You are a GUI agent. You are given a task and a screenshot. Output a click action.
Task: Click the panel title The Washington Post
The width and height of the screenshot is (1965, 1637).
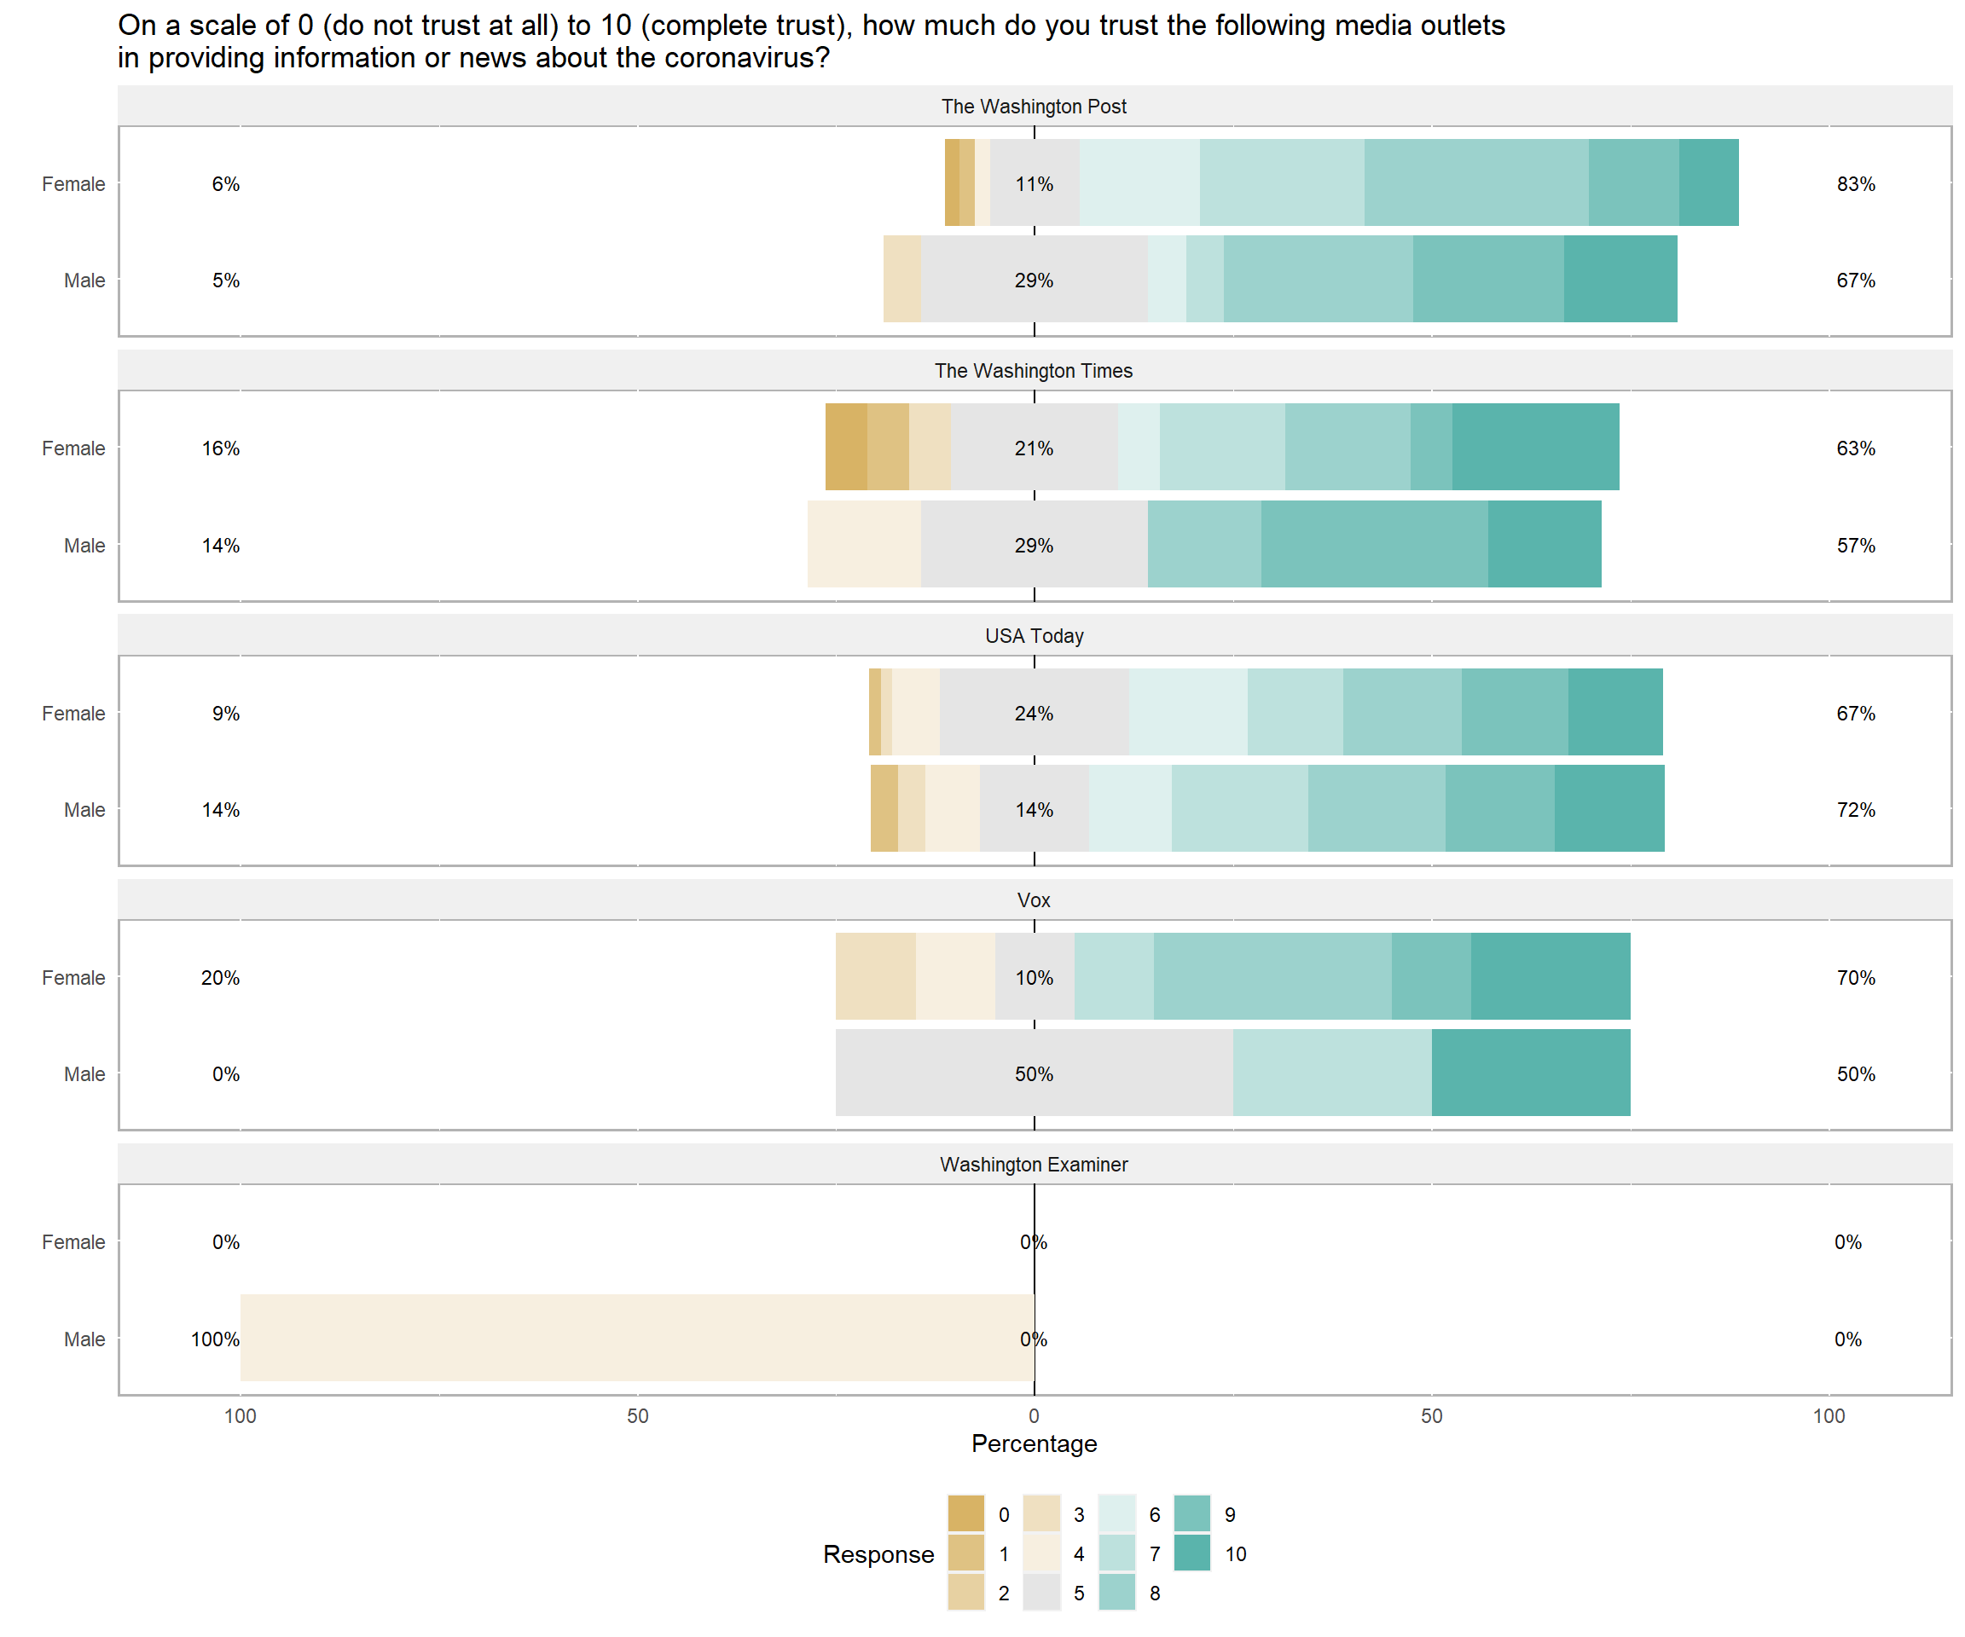pyautogui.click(x=1033, y=107)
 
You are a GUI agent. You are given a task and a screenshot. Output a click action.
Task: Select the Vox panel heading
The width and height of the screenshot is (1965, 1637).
pyautogui.click(x=1033, y=899)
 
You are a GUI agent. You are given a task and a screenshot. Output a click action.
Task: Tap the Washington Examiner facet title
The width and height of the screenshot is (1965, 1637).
pyautogui.click(x=1033, y=1165)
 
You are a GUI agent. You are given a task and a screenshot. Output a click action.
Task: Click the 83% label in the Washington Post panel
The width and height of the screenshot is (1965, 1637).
pyautogui.click(x=1855, y=184)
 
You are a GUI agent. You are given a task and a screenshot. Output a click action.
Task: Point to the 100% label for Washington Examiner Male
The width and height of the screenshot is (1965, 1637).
pyautogui.click(x=214, y=1339)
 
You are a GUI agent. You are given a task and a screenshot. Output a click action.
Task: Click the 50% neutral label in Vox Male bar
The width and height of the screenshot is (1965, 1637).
pyautogui.click(x=1033, y=1074)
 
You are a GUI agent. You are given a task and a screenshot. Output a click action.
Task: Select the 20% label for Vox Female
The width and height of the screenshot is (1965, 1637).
pyautogui.click(x=220, y=978)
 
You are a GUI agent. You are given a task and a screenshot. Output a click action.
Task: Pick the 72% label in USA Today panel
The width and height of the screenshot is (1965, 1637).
pyautogui.click(x=1855, y=810)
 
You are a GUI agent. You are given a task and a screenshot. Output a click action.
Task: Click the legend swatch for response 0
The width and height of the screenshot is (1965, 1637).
pyautogui.click(x=965, y=1513)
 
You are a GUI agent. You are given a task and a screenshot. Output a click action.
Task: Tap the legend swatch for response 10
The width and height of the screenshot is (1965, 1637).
pyautogui.click(x=1191, y=1553)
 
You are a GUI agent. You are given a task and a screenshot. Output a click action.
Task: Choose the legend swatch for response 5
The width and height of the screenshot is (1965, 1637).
pyautogui.click(x=1041, y=1592)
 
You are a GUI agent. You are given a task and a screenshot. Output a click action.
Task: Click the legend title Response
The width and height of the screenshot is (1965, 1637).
pyautogui.click(x=878, y=1553)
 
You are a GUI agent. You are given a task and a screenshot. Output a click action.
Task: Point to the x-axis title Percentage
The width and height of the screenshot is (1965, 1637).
pyautogui.click(x=1033, y=1443)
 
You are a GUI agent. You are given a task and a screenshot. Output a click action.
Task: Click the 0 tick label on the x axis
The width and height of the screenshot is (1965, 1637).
pyautogui.click(x=1033, y=1415)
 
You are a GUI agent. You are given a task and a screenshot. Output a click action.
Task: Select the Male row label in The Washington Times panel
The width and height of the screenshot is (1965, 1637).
pyautogui.click(x=84, y=546)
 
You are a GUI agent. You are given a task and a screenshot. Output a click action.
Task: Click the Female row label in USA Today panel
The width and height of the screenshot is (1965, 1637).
pyautogui.click(x=73, y=714)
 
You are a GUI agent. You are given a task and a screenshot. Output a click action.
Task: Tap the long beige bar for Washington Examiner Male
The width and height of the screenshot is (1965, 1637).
pyautogui.click(x=636, y=1338)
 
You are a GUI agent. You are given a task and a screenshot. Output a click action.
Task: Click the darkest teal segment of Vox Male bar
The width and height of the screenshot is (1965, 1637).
pyautogui.click(x=1530, y=1073)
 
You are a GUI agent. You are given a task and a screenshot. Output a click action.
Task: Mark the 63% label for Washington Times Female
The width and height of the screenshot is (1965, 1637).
pyautogui.click(x=1855, y=448)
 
